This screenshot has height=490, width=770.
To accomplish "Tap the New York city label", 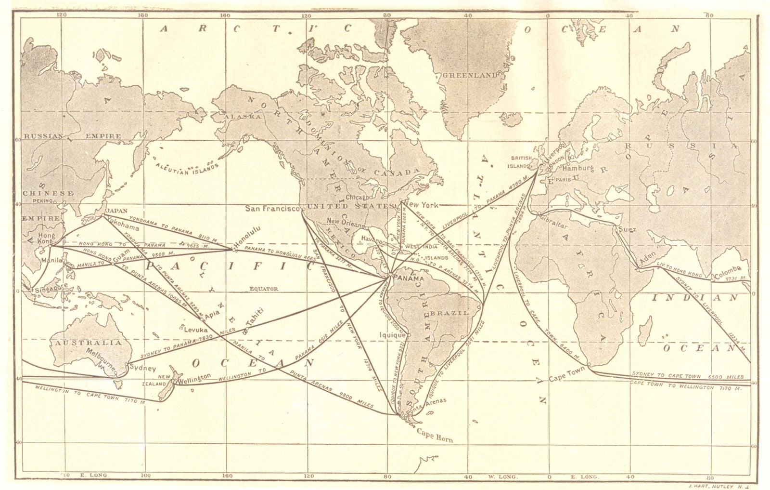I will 423,205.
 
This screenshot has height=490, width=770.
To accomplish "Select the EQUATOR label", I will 264,289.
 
